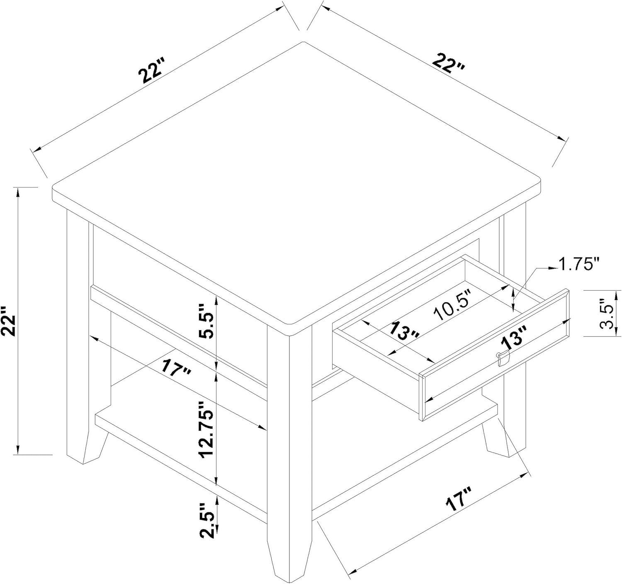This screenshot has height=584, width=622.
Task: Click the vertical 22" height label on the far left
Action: [x=9, y=321]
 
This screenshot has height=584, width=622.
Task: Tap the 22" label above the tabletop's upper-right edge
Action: [x=449, y=63]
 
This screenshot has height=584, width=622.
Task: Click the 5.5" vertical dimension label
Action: [x=207, y=321]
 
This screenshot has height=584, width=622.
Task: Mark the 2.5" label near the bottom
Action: [x=207, y=521]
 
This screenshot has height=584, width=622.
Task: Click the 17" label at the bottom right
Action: [x=459, y=499]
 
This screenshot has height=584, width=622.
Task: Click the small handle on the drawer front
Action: [x=501, y=357]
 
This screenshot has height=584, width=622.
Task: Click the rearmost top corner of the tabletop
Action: [x=303, y=43]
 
